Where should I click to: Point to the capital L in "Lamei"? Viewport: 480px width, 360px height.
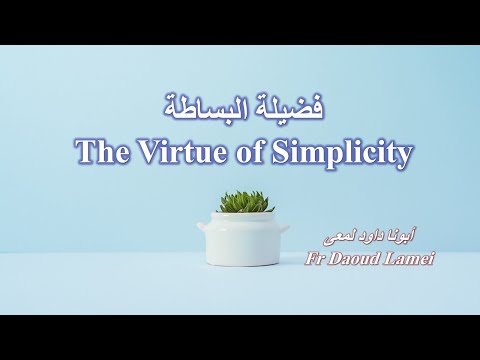(385, 259)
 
